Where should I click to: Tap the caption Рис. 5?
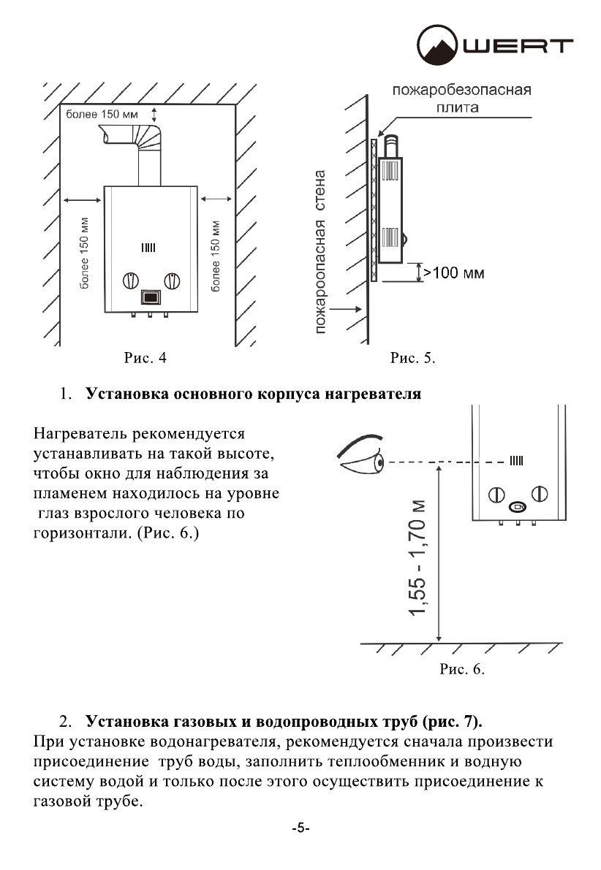(413, 358)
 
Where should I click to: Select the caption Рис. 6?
(462, 668)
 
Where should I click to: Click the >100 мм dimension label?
(454, 272)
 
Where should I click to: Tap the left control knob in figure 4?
(129, 280)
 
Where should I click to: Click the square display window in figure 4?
(150, 297)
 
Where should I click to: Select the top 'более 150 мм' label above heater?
(102, 114)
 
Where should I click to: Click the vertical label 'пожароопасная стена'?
(320, 253)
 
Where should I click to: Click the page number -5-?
(300, 828)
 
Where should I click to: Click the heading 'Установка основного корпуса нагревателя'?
(253, 394)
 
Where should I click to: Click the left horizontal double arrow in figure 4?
(82, 198)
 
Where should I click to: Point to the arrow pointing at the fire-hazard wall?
(346, 309)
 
